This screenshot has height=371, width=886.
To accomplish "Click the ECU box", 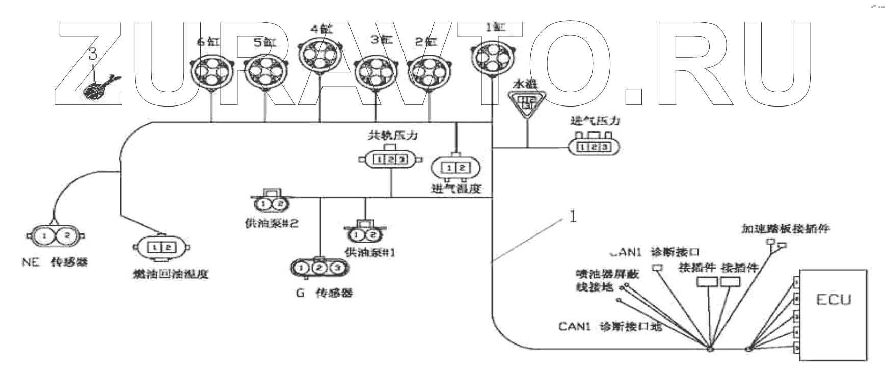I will pos(833,314).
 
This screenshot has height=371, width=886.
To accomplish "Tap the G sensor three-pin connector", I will pos(318,268).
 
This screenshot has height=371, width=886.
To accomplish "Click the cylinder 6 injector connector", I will pos(211,72).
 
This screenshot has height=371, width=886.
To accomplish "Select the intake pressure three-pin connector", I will pos(595,147).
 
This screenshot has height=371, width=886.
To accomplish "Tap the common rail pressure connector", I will pos(390,160).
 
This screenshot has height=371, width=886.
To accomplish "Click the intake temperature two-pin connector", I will pos(456,168).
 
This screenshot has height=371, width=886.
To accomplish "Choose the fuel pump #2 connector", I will pos(271,204).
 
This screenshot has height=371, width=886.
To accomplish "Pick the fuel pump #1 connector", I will pos(365,234).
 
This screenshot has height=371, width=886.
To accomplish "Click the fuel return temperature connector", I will pos(162,247).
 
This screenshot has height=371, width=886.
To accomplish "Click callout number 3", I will pos(93,54).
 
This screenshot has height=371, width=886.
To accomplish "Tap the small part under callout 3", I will pos(98,89).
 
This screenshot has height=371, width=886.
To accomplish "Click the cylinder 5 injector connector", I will pos(265,72).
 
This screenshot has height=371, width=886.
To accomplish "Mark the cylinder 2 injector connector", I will pos(431,72).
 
